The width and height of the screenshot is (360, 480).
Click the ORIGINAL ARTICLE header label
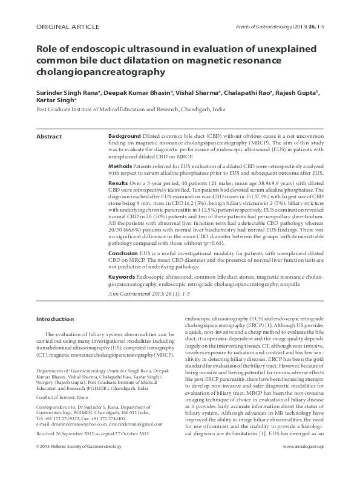tap(64, 28)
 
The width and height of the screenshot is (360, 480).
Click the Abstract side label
tap(49, 137)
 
